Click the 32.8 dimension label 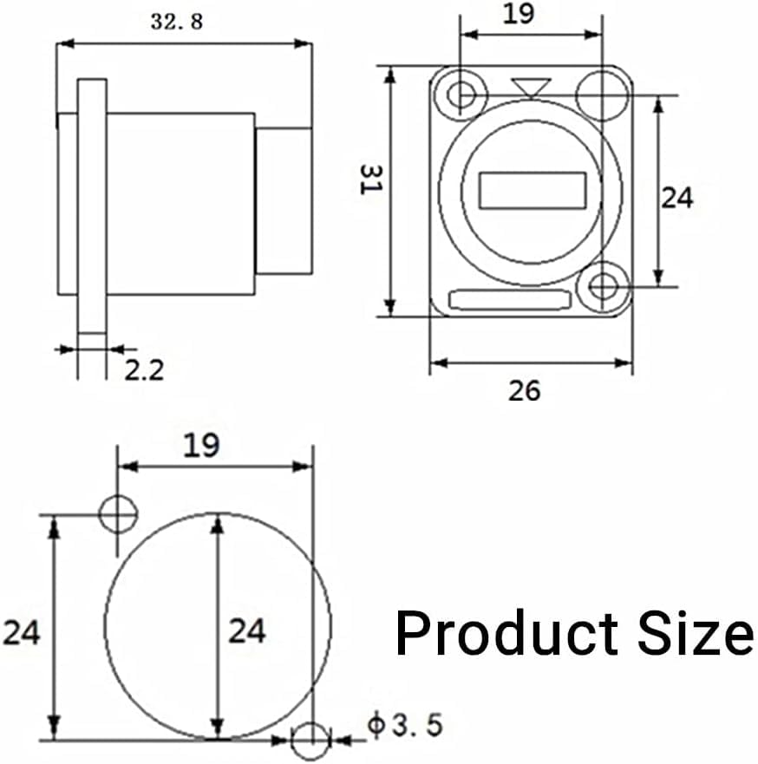tap(176, 22)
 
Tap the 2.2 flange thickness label tap(144, 369)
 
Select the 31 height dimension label tap(371, 180)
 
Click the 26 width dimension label tap(524, 391)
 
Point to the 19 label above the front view tap(519, 13)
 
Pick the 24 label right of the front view tap(676, 198)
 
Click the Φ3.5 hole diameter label tap(405, 724)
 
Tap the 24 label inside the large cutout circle tap(247, 631)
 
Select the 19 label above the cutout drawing tap(201, 445)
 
